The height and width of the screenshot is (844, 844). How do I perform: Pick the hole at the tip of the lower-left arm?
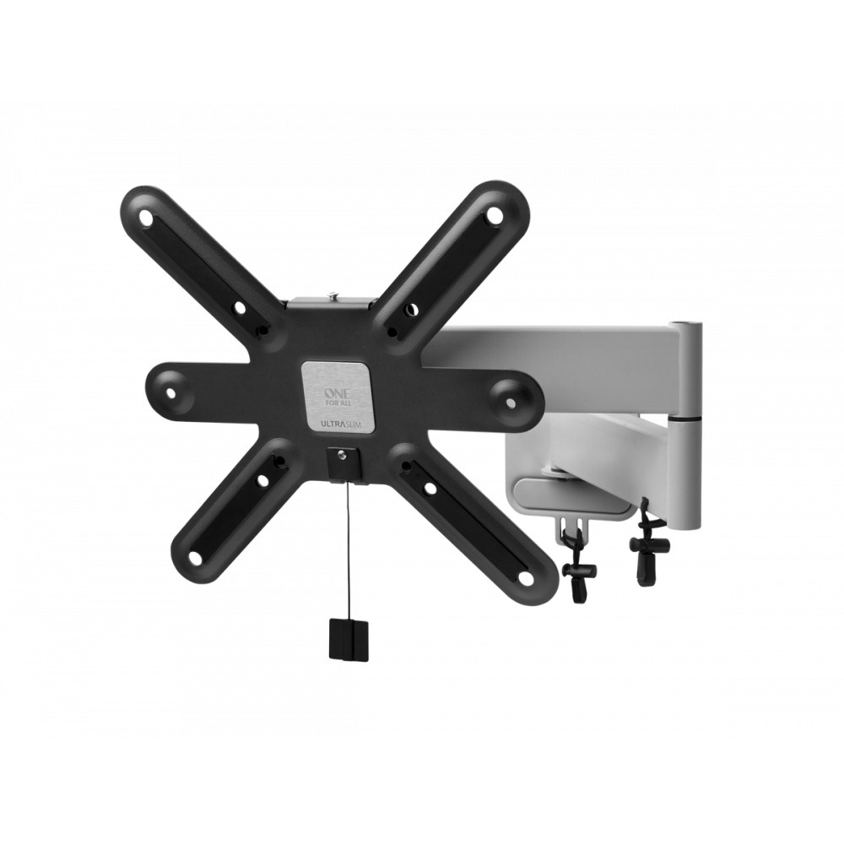[x=196, y=558]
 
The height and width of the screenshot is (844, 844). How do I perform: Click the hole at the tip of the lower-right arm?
[x=527, y=578]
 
